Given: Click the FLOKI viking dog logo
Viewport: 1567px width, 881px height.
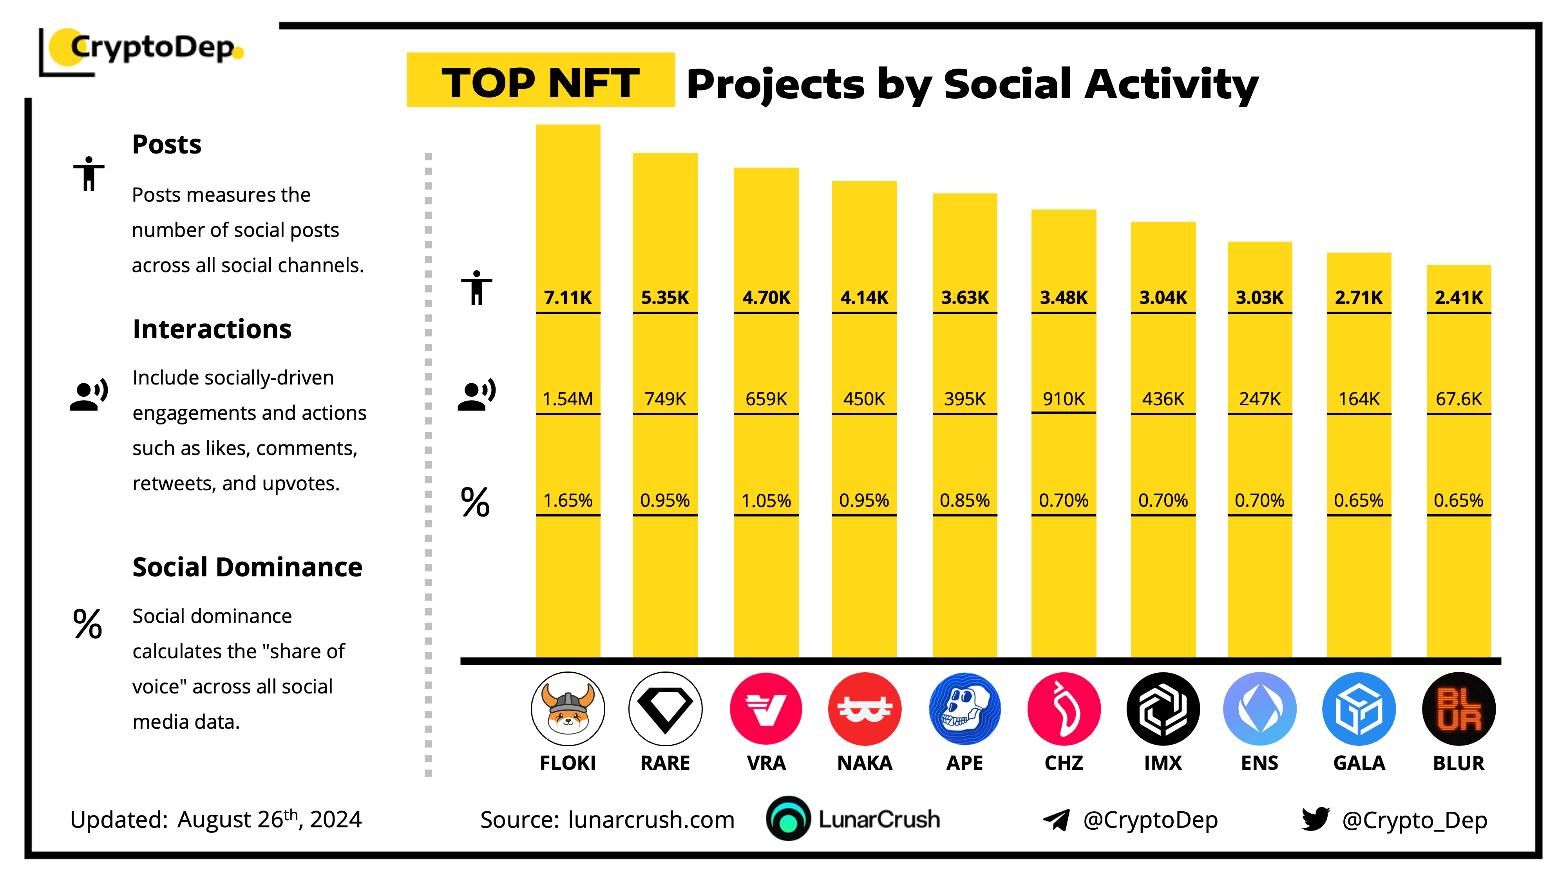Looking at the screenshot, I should pyautogui.click(x=568, y=709).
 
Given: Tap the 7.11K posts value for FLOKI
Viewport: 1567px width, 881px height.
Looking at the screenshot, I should pyautogui.click(x=568, y=297).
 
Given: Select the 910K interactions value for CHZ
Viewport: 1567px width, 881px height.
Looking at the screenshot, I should pyautogui.click(x=1063, y=399).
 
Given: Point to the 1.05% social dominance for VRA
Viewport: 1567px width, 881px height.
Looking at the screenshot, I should pyautogui.click(x=766, y=500).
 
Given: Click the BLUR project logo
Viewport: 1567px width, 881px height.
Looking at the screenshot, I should pyautogui.click(x=1458, y=709).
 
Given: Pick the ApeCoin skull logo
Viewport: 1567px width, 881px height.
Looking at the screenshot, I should pyautogui.click(x=964, y=709).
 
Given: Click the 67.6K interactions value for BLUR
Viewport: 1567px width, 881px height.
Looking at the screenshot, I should pyautogui.click(x=1458, y=399).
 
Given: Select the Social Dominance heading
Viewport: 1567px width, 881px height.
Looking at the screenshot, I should pyautogui.click(x=247, y=567).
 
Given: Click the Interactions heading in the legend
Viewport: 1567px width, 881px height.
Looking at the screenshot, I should pyautogui.click(x=212, y=329).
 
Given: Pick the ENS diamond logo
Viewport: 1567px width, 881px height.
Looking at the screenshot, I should pyautogui.click(x=1259, y=709).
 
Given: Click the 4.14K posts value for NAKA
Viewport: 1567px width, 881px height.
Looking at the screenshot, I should pyautogui.click(x=864, y=297).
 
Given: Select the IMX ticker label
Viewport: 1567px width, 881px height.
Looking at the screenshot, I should pyautogui.click(x=1162, y=763).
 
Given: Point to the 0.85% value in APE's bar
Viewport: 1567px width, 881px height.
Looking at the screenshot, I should pyautogui.click(x=964, y=500).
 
